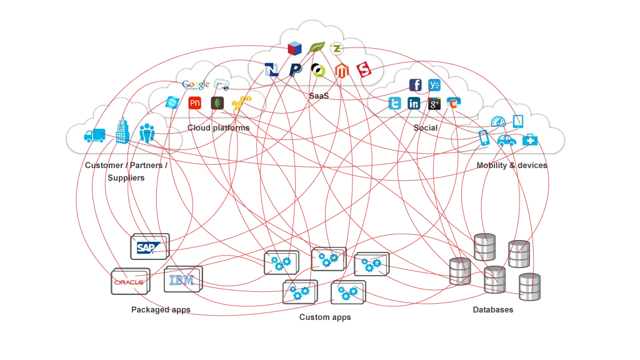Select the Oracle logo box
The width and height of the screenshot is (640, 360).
click(x=130, y=282)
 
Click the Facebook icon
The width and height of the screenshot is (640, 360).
click(x=415, y=85)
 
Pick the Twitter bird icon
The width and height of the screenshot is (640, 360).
click(x=394, y=104)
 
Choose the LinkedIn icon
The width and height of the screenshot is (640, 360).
click(x=414, y=104)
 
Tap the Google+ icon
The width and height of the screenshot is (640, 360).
click(x=434, y=104)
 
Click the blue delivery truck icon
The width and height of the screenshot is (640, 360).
click(x=94, y=135)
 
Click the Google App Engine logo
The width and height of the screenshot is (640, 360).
click(x=196, y=85)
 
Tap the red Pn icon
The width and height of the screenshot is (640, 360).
click(x=194, y=103)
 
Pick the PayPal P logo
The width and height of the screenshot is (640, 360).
click(x=296, y=69)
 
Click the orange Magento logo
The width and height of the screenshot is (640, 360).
click(x=341, y=70)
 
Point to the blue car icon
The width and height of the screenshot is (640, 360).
click(x=507, y=140)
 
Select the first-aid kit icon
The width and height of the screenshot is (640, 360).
click(x=529, y=139)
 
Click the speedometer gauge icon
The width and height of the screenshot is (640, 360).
click(x=497, y=122)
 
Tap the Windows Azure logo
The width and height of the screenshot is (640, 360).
click(x=171, y=103)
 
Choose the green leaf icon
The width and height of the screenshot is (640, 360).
click(x=317, y=47)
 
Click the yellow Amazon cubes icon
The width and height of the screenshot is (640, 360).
click(x=241, y=102)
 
